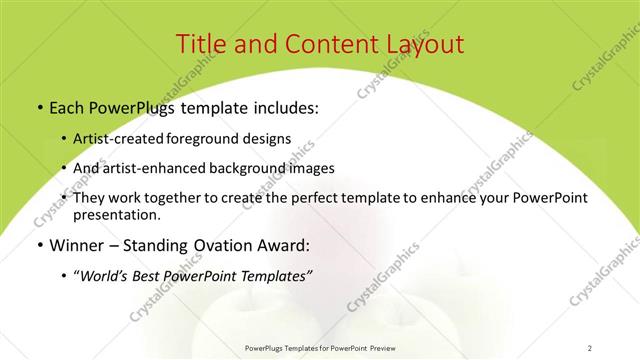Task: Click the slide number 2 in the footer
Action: (590, 347)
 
